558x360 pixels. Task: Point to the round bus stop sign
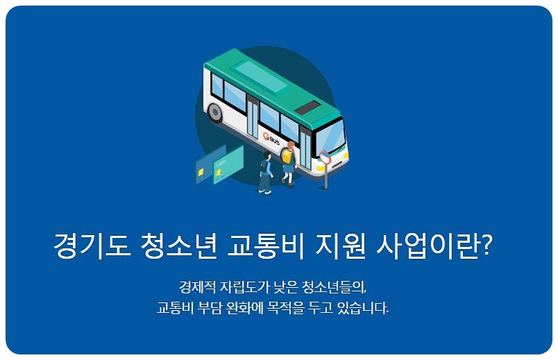tap(325, 157)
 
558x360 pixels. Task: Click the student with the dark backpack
tap(266, 172)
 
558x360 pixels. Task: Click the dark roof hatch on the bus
tap(307, 108)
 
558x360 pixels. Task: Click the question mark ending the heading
tap(486, 246)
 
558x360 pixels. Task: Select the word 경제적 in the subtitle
tap(196, 286)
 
